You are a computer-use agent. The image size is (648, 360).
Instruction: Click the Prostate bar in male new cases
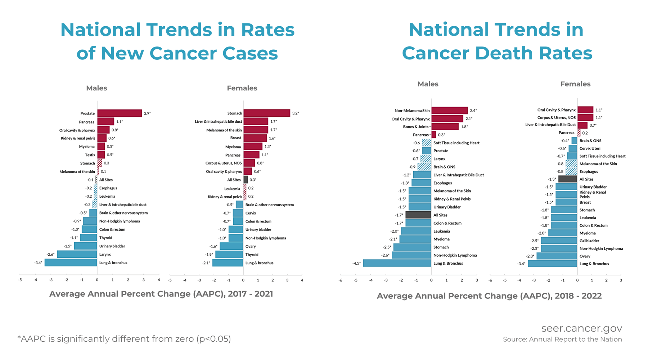[x=120, y=113]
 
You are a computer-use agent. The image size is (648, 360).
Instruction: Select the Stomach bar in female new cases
[x=267, y=113]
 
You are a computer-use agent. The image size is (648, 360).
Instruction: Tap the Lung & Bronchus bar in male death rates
[x=397, y=263]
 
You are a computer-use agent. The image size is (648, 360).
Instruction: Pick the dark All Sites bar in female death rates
[x=568, y=179]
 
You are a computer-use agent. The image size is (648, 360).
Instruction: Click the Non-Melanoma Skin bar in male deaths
[x=450, y=111]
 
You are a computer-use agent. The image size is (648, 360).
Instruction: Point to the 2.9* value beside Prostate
[x=147, y=113]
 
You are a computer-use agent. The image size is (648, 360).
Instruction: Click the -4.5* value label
[x=356, y=264]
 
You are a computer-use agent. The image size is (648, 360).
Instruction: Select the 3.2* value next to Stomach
[x=296, y=113]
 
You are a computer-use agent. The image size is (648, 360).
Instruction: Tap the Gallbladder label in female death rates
[x=589, y=241]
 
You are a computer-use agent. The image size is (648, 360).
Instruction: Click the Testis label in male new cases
[x=90, y=155]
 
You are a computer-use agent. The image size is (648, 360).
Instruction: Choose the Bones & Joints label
[x=416, y=127]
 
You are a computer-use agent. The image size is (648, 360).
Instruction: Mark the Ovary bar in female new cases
[x=231, y=246]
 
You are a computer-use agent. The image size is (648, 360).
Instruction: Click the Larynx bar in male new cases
[x=77, y=255]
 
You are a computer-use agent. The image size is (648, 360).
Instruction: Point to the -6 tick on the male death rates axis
[x=341, y=280]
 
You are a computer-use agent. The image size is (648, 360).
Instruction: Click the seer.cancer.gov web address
[x=581, y=328]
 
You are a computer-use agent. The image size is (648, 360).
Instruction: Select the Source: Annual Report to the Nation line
[x=562, y=339]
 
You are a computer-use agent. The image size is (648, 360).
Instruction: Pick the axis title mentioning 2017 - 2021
[x=161, y=294]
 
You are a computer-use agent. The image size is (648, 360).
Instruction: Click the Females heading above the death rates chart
[x=575, y=84]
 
